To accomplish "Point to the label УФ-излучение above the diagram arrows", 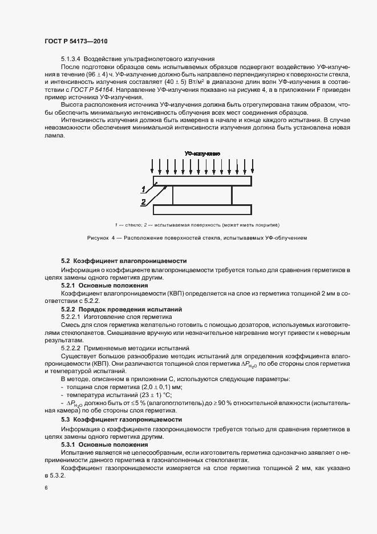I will coord(202,154).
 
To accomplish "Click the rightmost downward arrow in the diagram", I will coord(252,167).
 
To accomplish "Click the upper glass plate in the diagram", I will coord(202,181).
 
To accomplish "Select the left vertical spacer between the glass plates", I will coord(173,195).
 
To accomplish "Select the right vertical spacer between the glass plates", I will coord(232,195).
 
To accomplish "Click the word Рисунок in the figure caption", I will coord(99,238).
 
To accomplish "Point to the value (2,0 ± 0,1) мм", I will coord(155,386).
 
